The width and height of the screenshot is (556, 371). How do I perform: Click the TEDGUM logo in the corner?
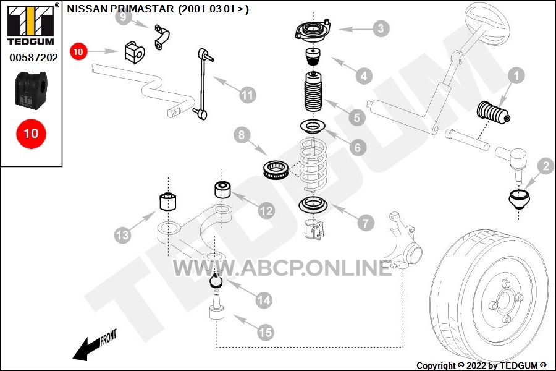[x=31, y=24]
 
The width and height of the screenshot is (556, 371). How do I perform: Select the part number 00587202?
[x=33, y=58]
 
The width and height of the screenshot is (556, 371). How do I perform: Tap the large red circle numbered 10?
[x=32, y=134]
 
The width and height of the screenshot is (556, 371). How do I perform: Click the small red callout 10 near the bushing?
[x=78, y=51]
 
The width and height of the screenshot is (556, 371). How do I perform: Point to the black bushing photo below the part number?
[x=31, y=89]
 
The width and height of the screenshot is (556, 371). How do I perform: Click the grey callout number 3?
[x=381, y=28]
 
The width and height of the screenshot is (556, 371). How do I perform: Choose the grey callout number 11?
[x=248, y=95]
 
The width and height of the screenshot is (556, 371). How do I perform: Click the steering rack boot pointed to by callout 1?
[x=493, y=112]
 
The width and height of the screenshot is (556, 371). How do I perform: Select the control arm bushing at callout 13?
[x=167, y=202]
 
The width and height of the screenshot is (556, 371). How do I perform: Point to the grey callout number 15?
[x=265, y=333]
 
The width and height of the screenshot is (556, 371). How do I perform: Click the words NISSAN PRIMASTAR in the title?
[x=120, y=9]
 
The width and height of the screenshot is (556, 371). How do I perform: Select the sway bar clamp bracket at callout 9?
[x=162, y=37]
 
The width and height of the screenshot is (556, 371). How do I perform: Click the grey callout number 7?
[x=366, y=223]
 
